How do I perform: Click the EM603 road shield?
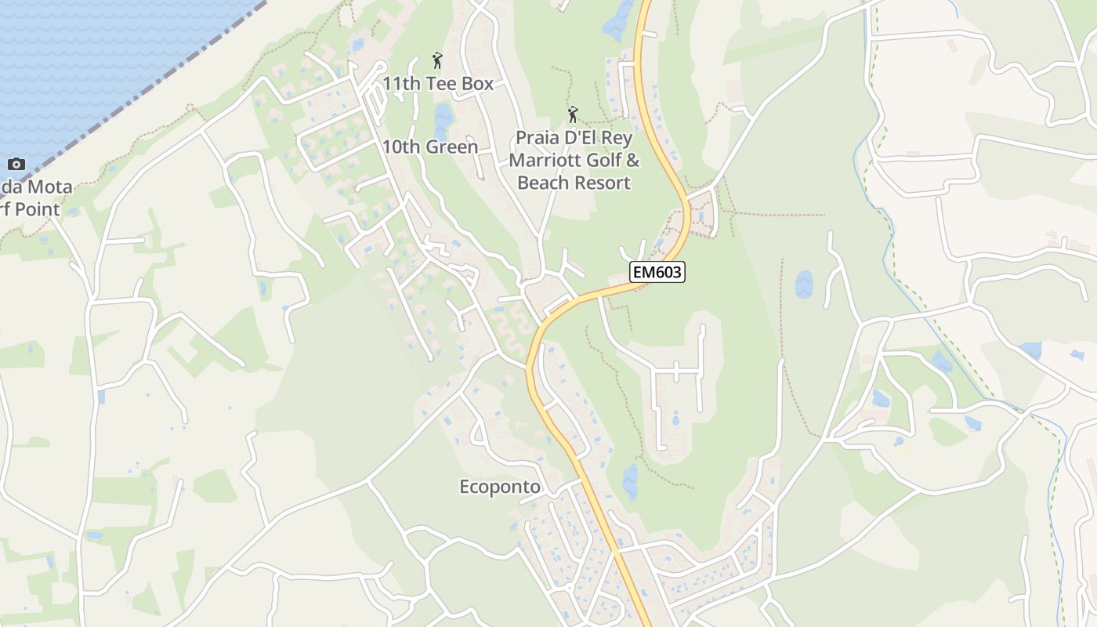coord(657,272)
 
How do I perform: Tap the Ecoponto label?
coord(499,487)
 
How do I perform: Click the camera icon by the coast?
coord(16,164)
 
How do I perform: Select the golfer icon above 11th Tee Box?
coord(437,60)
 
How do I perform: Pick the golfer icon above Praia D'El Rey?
coord(573,114)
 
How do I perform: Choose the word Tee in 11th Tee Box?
coord(444,83)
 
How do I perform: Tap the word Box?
coord(478,83)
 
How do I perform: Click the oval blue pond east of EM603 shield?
coord(804,285)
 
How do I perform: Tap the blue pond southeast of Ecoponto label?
coord(630,480)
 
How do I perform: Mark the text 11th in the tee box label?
coord(401,83)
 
